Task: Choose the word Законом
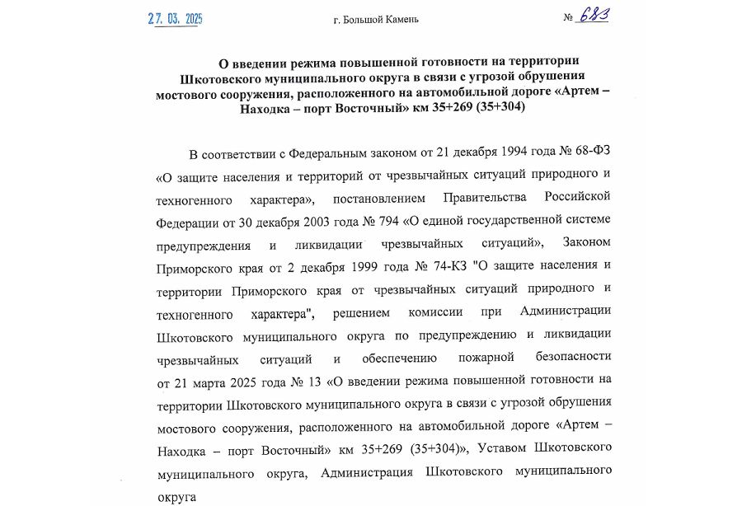(x=586, y=245)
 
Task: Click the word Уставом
(x=503, y=450)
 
